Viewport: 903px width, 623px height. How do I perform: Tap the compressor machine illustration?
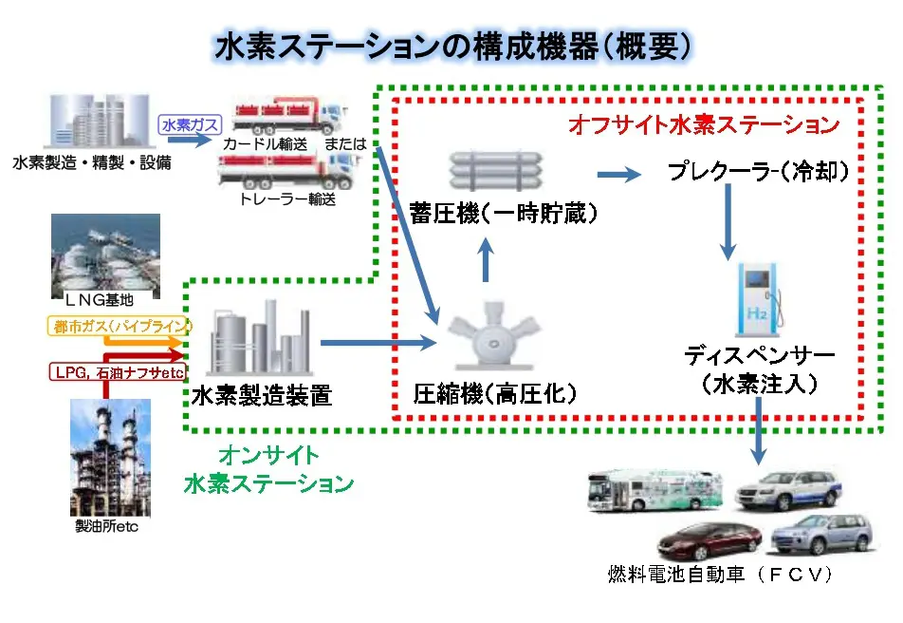click(494, 336)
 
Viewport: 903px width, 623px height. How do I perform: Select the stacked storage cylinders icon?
click(496, 170)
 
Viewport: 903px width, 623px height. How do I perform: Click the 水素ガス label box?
click(190, 124)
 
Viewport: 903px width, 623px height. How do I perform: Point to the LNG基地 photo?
click(105, 257)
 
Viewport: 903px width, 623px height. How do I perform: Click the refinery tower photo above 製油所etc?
click(110, 458)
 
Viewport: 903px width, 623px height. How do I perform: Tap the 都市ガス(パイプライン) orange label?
click(120, 326)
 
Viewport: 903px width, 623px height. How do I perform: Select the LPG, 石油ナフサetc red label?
click(118, 372)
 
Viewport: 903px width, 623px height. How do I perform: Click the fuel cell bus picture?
click(655, 490)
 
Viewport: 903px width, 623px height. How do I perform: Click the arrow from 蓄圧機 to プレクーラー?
click(619, 174)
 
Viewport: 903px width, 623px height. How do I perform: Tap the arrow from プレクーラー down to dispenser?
click(728, 222)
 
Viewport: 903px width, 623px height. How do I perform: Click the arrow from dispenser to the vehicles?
click(759, 431)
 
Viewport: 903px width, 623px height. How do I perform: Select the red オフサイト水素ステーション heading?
click(704, 124)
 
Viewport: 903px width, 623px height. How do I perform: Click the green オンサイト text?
click(268, 455)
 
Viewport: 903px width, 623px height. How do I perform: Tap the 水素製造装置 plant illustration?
click(260, 338)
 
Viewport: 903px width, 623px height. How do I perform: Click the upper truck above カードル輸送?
click(288, 117)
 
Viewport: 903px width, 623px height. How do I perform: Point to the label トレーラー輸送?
click(286, 199)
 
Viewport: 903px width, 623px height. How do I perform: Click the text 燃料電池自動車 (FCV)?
click(720, 574)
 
